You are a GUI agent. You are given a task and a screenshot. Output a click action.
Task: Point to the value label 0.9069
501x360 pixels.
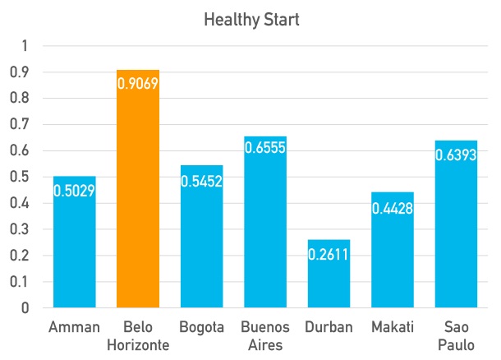click(x=138, y=85)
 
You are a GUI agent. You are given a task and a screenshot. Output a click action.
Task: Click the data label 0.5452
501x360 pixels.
click(x=201, y=180)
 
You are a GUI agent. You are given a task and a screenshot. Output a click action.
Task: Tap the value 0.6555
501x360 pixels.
click(x=265, y=150)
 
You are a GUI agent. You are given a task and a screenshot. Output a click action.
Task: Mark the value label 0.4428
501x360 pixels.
click(x=393, y=207)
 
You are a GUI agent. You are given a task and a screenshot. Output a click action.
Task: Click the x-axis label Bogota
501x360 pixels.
click(x=201, y=327)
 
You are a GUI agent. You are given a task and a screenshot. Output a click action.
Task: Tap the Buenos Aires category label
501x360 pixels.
click(x=265, y=335)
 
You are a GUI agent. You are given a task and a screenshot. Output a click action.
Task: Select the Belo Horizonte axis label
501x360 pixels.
click(x=138, y=335)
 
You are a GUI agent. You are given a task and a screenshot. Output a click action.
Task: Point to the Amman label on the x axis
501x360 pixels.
click(x=75, y=327)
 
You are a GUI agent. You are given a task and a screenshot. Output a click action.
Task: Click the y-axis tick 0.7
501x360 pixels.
click(x=20, y=125)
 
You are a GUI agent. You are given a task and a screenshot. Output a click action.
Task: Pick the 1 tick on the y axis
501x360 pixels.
click(x=25, y=46)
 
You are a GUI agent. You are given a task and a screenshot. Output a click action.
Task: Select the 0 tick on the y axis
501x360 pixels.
click(x=25, y=308)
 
